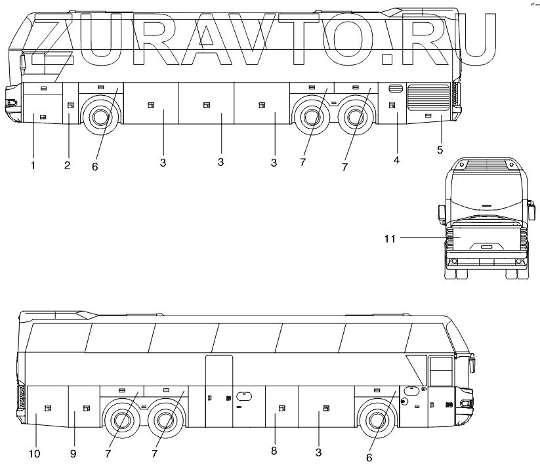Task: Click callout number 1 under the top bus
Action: click(x=33, y=165)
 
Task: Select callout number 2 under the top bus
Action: click(x=67, y=165)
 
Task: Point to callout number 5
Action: click(x=440, y=150)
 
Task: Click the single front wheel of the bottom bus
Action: click(x=375, y=420)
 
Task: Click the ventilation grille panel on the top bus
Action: click(x=428, y=97)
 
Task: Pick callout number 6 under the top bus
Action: click(x=94, y=167)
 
